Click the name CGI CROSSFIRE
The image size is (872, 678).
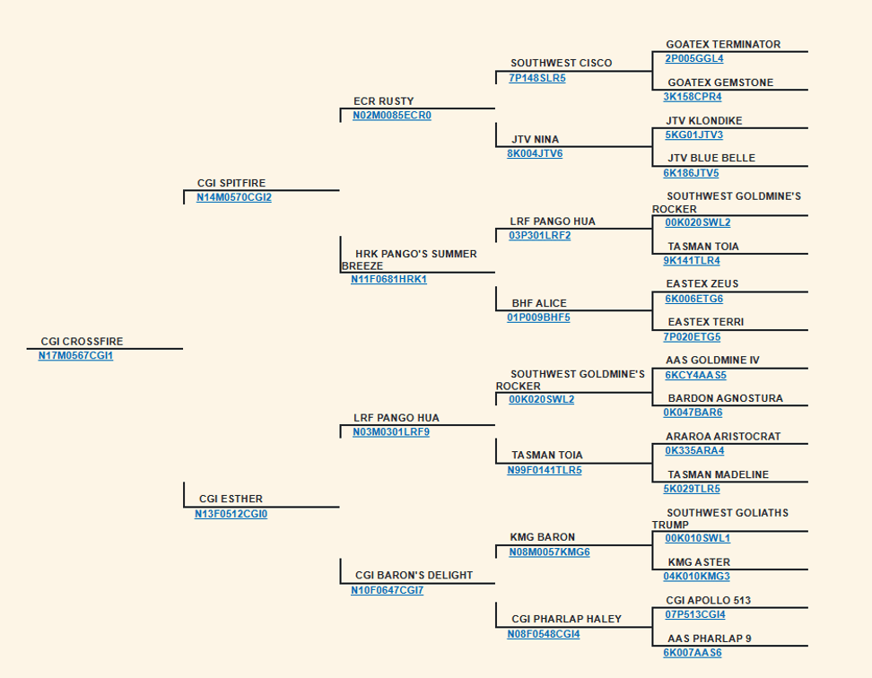[x=82, y=341]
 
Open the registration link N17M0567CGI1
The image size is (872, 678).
[x=75, y=356]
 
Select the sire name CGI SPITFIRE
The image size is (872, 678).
[x=231, y=183]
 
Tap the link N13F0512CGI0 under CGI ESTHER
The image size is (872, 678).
[x=231, y=514]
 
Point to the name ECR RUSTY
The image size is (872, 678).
[x=384, y=101]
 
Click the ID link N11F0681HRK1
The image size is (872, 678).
[x=388, y=279]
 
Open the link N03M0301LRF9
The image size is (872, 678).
[x=391, y=431]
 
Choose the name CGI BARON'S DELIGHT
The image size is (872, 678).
[x=414, y=575]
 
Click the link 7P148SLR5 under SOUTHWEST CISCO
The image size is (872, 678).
[x=537, y=78]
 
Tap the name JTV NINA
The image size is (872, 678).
[x=535, y=140]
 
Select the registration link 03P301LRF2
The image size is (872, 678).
[x=539, y=236]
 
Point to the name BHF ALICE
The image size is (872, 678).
[x=539, y=303]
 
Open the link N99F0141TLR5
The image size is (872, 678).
[x=545, y=470]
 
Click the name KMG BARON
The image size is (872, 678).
[x=542, y=537]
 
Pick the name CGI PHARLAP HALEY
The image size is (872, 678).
[x=566, y=619]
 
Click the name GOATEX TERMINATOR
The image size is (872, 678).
[x=723, y=45]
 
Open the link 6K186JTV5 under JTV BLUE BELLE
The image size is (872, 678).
[x=691, y=173]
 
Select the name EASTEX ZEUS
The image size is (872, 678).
[x=702, y=284]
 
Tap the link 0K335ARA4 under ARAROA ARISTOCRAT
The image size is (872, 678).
[x=694, y=451]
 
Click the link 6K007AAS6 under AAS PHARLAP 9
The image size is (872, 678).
[x=693, y=653]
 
